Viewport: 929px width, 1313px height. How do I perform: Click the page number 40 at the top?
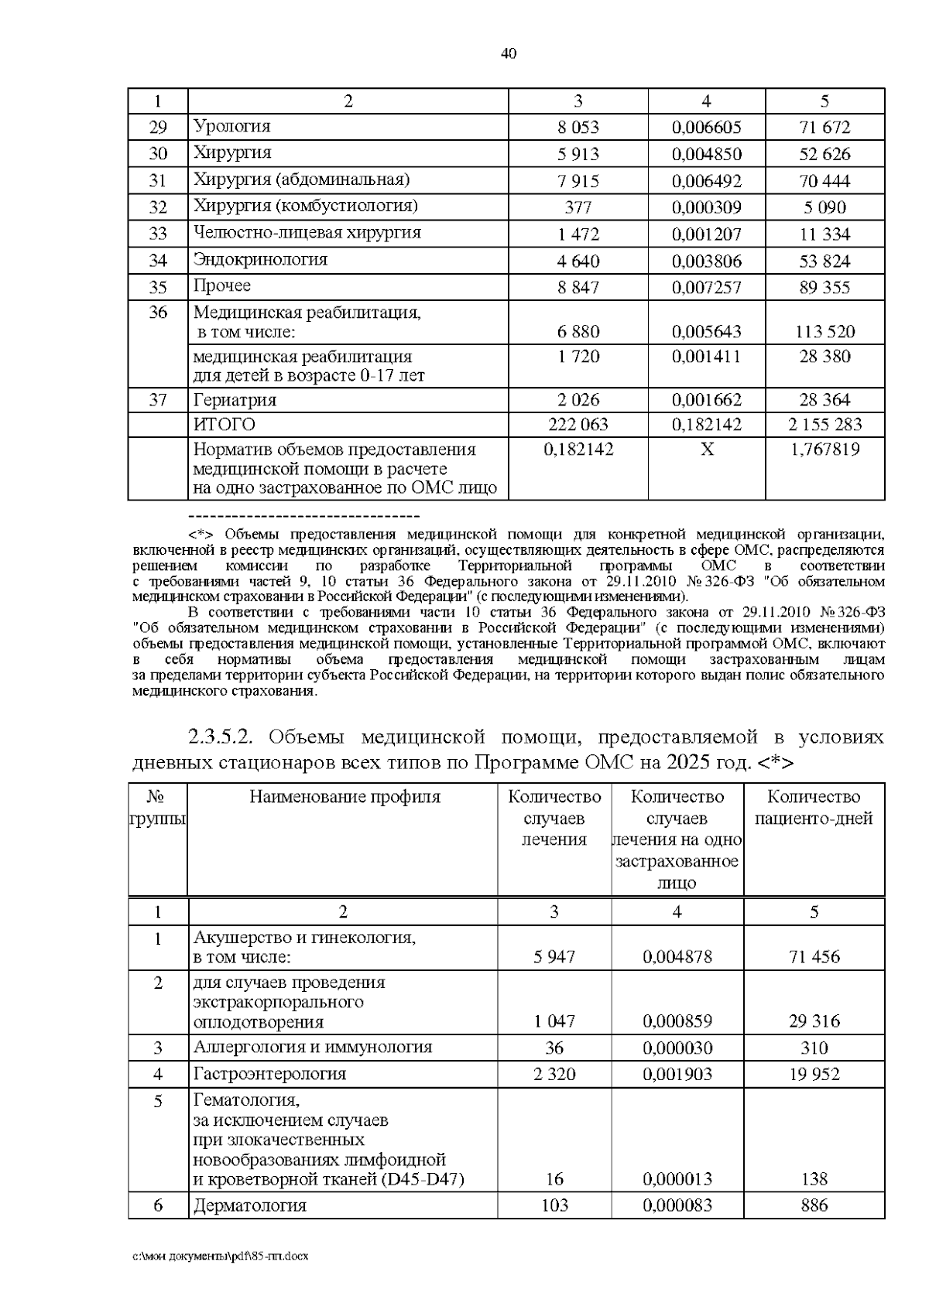(508, 53)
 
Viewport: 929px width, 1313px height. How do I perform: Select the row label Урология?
(231, 126)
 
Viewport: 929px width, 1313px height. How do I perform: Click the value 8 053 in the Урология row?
(578, 128)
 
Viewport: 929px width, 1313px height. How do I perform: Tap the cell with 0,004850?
(706, 154)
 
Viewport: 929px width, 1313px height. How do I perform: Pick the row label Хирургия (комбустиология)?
(305, 206)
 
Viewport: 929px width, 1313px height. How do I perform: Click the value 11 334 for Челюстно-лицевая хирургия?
(824, 234)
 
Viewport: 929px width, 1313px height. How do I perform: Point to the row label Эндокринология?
(260, 259)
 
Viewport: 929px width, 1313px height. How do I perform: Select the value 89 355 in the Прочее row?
(824, 288)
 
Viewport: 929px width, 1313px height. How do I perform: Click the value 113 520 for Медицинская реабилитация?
(824, 332)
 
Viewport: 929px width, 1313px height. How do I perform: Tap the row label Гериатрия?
(235, 400)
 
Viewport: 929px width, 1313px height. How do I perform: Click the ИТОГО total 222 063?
(578, 425)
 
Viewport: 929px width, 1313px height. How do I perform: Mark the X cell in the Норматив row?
(706, 450)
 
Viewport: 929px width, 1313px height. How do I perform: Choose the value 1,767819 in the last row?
(824, 450)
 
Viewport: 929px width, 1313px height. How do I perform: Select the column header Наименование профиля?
(344, 797)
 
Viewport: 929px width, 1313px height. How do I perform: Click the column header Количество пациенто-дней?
(814, 808)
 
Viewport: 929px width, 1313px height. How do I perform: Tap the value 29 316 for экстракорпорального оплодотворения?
(814, 1021)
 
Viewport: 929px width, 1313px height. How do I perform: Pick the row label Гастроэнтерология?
(269, 1074)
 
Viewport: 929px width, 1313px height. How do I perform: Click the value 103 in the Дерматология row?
(554, 1205)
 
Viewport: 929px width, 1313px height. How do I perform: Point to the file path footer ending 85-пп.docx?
(221, 1257)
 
